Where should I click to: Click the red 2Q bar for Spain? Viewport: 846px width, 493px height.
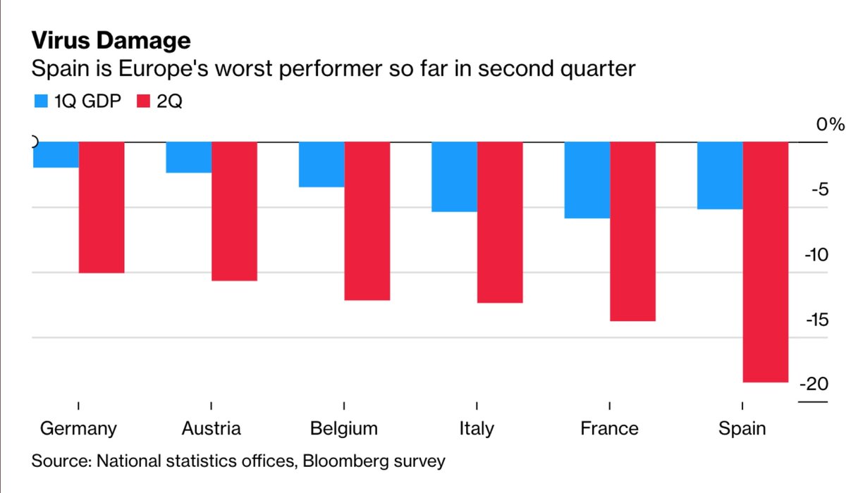click(x=765, y=262)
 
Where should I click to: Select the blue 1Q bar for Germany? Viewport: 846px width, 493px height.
click(x=56, y=155)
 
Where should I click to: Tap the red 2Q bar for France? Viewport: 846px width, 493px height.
click(x=632, y=232)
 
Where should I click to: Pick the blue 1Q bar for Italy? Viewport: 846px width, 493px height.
click(x=454, y=177)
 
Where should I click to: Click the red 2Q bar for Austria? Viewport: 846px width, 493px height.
click(x=234, y=211)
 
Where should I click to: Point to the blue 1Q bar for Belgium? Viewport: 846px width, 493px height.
click(x=321, y=165)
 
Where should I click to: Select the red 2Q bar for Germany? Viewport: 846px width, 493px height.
click(x=102, y=208)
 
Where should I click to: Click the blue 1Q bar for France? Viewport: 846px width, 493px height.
click(x=587, y=180)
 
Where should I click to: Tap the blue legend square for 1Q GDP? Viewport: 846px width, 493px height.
click(x=41, y=101)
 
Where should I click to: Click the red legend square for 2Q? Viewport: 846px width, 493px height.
click(x=143, y=101)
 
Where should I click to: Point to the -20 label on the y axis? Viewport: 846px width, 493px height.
click(x=814, y=384)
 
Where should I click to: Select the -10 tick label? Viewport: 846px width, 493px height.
click(x=816, y=255)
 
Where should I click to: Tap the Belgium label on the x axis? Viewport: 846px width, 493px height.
click(x=344, y=429)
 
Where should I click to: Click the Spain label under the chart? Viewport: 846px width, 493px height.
click(x=742, y=429)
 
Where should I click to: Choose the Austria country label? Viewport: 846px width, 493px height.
click(x=211, y=428)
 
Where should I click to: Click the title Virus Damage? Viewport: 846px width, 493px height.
click(x=111, y=40)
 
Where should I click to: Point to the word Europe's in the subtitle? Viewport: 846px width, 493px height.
click(x=164, y=69)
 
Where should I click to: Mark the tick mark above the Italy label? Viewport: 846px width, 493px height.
click(x=477, y=406)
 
